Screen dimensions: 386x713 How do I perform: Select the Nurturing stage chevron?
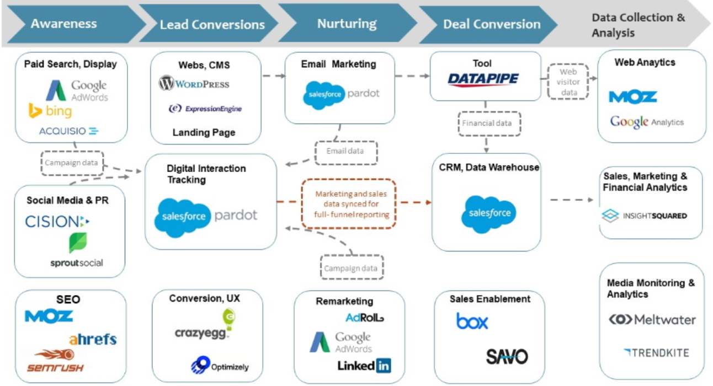[x=347, y=24]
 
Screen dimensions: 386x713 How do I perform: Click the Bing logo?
[x=50, y=111]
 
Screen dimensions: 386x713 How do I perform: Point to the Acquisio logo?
[x=69, y=131]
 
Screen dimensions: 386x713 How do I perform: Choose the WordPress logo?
[x=194, y=84]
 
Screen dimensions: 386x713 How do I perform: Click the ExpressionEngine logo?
[x=205, y=109]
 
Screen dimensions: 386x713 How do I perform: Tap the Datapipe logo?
[x=483, y=80]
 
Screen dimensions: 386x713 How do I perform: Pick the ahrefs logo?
[x=93, y=339]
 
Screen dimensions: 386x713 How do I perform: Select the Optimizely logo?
[x=220, y=366]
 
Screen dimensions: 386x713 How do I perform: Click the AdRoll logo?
[x=365, y=318]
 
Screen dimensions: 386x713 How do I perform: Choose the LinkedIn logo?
[x=364, y=364]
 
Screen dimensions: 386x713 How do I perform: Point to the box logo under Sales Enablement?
[x=472, y=321]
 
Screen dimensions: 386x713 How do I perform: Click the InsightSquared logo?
[x=644, y=216]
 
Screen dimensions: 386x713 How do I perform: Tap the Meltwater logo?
[x=652, y=320]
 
